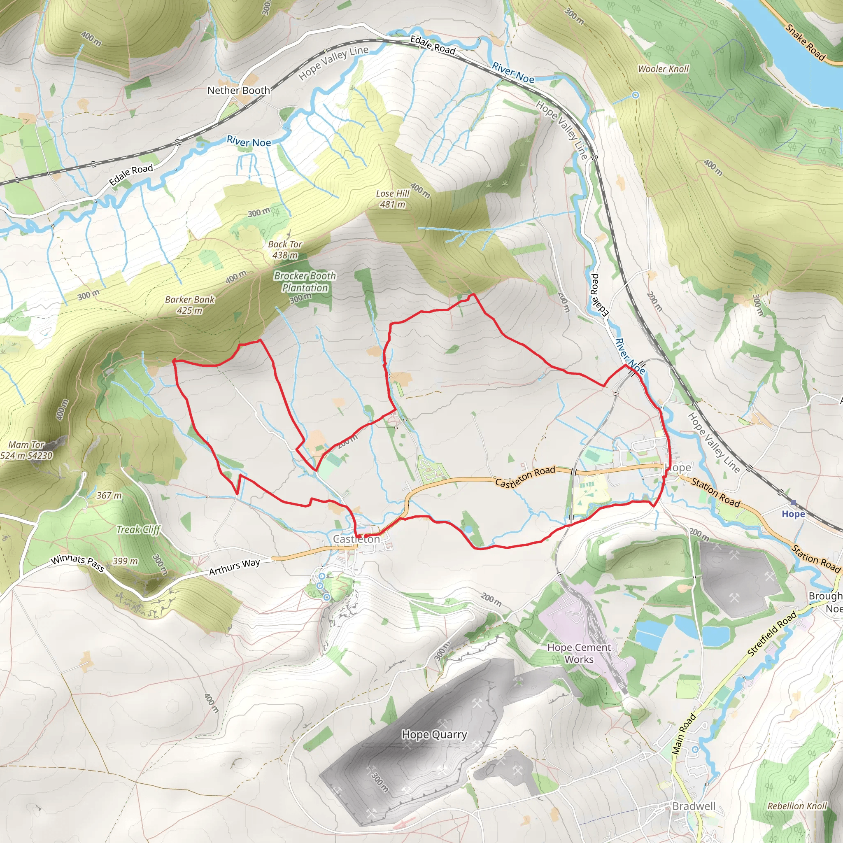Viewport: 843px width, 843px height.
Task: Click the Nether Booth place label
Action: tap(238, 90)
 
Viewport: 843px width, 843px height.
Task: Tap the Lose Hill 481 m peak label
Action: tap(392, 199)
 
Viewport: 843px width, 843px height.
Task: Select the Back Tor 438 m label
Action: tap(285, 249)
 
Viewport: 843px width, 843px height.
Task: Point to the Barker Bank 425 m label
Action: tap(190, 305)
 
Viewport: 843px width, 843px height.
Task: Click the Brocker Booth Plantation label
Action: tap(305, 282)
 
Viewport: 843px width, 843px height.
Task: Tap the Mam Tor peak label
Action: tap(26, 450)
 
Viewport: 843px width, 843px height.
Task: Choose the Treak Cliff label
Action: tap(138, 530)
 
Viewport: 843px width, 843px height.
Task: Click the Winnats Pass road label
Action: tap(77, 563)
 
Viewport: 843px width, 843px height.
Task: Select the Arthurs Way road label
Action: tap(234, 567)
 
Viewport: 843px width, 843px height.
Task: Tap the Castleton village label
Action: tap(356, 539)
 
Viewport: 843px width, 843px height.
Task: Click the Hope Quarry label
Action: tap(434, 734)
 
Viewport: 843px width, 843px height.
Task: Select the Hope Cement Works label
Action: tap(579, 653)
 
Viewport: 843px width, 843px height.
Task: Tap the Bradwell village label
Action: tap(694, 806)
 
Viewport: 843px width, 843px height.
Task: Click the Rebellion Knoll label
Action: tap(797, 806)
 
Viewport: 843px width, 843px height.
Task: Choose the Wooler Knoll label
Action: tap(663, 69)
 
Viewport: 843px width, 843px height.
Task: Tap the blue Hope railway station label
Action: tap(793, 514)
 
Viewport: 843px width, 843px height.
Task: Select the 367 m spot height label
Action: tap(109, 495)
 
